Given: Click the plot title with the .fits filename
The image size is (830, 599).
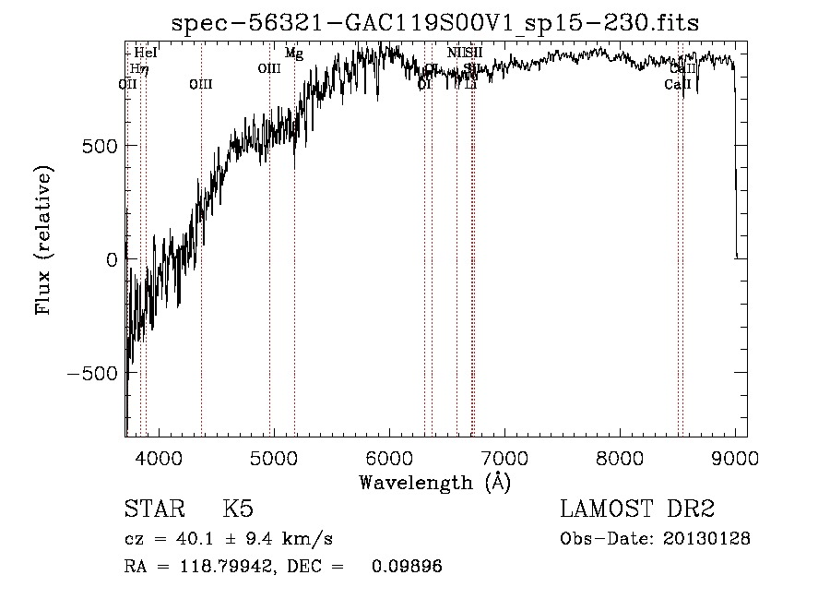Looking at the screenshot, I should [x=437, y=23].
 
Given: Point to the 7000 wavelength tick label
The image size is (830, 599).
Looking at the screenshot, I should [x=504, y=459].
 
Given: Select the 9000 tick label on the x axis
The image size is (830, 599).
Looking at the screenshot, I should [x=735, y=459].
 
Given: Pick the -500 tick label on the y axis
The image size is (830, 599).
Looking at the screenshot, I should [x=92, y=373].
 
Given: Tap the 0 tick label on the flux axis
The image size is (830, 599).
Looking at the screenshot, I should [x=111, y=259].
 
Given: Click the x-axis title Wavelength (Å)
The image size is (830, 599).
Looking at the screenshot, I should [x=434, y=482].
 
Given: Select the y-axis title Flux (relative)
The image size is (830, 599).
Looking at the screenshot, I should [x=43, y=240].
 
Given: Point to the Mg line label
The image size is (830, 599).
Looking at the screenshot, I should [x=293, y=54].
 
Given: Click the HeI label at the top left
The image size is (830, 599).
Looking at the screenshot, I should [x=146, y=53].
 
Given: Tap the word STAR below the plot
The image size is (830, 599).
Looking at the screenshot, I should [x=153, y=509].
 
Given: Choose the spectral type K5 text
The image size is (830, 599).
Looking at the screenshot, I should [x=238, y=509].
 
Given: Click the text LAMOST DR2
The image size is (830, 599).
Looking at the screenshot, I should [x=637, y=509].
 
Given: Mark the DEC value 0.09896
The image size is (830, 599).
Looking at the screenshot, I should [x=407, y=567].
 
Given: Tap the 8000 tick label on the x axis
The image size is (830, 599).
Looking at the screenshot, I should [x=620, y=459].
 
